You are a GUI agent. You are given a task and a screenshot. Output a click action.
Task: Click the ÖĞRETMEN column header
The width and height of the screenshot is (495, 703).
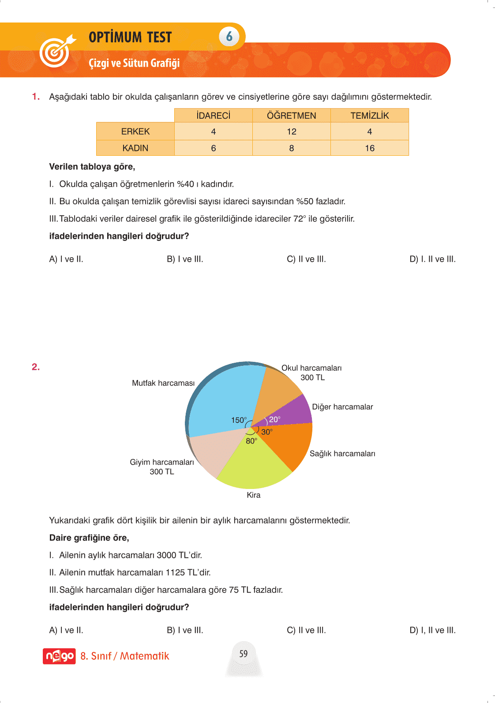291,116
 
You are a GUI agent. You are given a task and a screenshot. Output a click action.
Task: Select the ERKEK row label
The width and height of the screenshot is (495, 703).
135,132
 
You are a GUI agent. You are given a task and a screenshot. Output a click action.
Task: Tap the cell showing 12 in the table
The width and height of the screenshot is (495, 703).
291,132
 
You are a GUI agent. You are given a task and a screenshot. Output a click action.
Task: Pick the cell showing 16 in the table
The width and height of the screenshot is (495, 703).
369,148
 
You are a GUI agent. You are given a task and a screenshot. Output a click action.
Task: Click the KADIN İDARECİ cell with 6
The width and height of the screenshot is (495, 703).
214,148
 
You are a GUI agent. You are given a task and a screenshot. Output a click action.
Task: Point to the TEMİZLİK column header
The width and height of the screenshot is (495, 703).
369,116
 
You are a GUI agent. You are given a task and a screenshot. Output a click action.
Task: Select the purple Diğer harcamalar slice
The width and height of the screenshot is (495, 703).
296,410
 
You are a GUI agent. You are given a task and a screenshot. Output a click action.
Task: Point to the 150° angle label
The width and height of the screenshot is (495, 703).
239,420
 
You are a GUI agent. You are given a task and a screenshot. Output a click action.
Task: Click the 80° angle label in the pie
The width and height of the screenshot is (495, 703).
251,441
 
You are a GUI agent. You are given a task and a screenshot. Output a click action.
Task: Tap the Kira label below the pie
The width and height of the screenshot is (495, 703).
254,495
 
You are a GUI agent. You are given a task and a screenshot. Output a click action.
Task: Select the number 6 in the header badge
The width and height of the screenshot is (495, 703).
229,37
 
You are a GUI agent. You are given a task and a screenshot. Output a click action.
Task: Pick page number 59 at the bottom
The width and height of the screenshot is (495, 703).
244,654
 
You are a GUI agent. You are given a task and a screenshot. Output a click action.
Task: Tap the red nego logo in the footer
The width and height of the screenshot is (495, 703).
59,656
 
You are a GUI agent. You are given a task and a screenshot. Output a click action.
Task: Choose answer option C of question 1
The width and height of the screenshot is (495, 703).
306,259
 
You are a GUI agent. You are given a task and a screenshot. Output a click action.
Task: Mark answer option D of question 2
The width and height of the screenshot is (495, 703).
432,630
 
